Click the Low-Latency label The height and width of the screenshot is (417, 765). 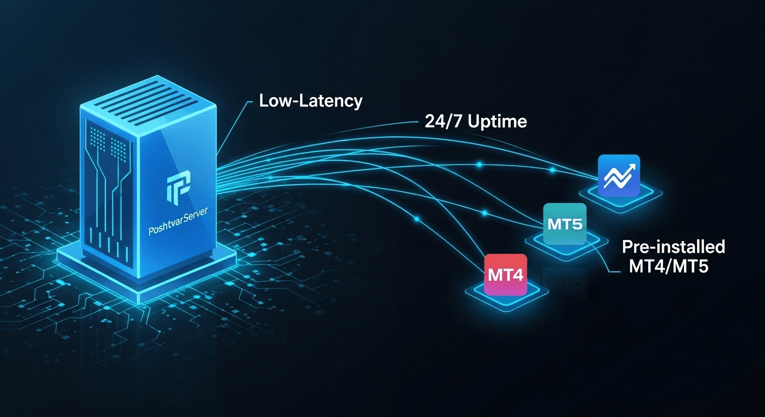click(310, 101)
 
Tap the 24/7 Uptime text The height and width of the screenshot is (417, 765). click(475, 121)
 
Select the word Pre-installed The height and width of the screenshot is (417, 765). click(673, 247)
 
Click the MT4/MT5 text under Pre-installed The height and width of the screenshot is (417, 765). click(668, 266)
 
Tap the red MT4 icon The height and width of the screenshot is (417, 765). click(505, 275)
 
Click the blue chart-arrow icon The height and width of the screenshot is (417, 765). click(618, 175)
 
